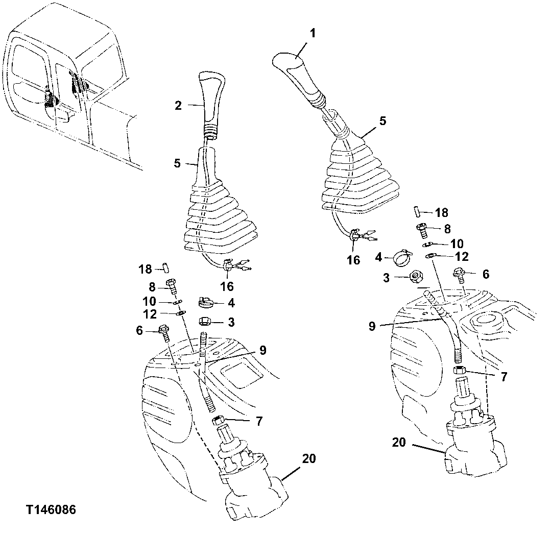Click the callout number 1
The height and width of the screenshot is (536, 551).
coord(313,34)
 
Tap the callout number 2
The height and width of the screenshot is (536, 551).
coord(178,106)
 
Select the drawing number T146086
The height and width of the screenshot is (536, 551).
coord(51,509)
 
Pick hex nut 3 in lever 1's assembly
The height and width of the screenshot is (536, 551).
coord(416,277)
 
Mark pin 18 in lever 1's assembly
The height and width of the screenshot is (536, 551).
coord(417,211)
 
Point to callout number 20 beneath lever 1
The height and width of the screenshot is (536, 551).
coord(399,442)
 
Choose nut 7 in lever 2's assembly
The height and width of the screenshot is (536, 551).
coord(218,421)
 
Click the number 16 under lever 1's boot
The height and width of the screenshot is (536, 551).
coord(353,260)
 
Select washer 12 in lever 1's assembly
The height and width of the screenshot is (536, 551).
coord(430,255)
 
